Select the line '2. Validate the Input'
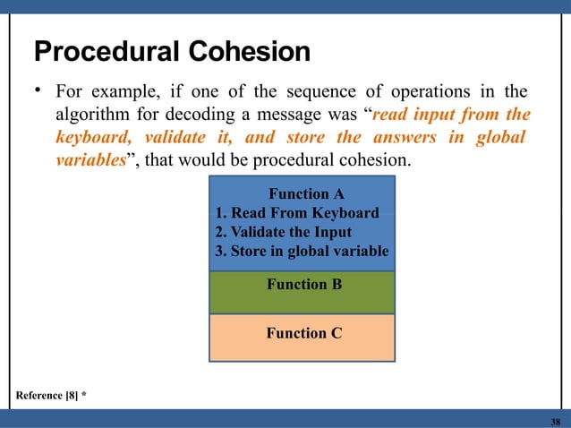click(285, 232)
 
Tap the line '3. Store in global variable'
click(303, 252)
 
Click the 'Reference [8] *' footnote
click(51, 395)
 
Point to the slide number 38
click(555, 421)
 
